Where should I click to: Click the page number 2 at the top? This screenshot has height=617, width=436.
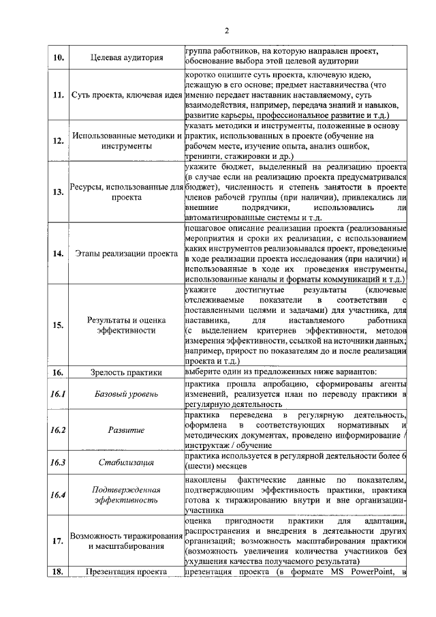[227, 30]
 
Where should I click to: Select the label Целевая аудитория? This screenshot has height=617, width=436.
[126, 57]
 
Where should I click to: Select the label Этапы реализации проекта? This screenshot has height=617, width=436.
[126, 254]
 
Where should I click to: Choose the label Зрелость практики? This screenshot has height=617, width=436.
[126, 372]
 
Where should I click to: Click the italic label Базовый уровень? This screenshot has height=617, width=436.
[126, 394]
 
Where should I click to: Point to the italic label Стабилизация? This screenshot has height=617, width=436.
[126, 463]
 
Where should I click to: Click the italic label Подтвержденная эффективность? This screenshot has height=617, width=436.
[126, 495]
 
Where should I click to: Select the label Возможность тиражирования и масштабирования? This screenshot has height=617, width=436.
[126, 541]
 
